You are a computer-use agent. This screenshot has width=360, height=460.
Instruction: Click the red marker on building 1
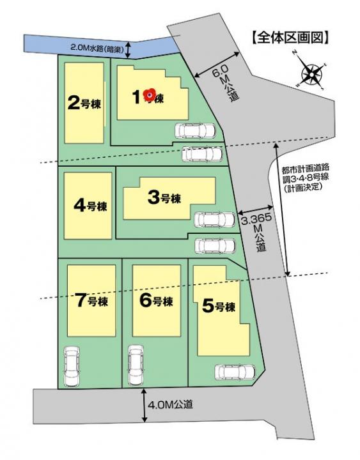click(150, 95)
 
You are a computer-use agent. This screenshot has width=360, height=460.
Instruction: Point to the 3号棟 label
click(164, 197)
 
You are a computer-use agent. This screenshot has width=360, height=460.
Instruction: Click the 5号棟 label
click(219, 306)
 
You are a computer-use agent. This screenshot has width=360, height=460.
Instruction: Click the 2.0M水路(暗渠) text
click(97, 47)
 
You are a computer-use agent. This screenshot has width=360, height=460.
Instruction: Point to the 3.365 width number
click(256, 219)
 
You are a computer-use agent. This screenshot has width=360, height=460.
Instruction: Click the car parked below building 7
click(72, 364)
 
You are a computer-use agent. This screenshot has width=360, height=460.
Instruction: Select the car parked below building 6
click(136, 364)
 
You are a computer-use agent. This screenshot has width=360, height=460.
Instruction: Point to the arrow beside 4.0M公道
click(145, 405)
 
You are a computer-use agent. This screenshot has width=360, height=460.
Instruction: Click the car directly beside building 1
click(196, 131)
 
